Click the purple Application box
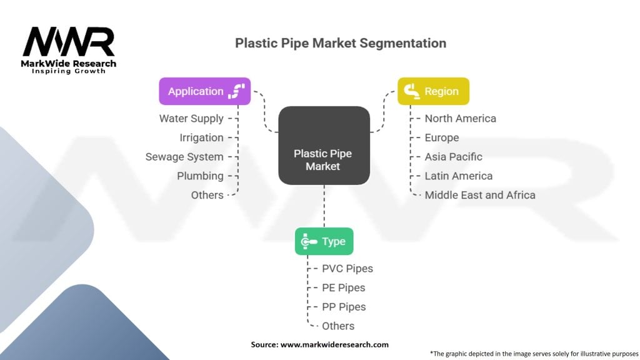[205, 91]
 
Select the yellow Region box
[434, 91]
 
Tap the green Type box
[324, 241]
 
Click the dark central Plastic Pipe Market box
[324, 145]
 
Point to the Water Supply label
[191, 118]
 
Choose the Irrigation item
[202, 137]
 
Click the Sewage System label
[184, 157]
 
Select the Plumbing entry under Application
[201, 176]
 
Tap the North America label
[461, 118]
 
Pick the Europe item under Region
[442, 137]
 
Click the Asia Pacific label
[454, 157]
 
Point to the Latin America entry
[459, 176]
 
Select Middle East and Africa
[480, 195]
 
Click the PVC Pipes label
[347, 269]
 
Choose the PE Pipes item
[344, 287]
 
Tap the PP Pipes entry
[344, 307]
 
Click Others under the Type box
[338, 326]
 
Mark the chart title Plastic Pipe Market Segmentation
[341, 43]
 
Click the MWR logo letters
[69, 42]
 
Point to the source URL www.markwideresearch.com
[334, 344]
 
